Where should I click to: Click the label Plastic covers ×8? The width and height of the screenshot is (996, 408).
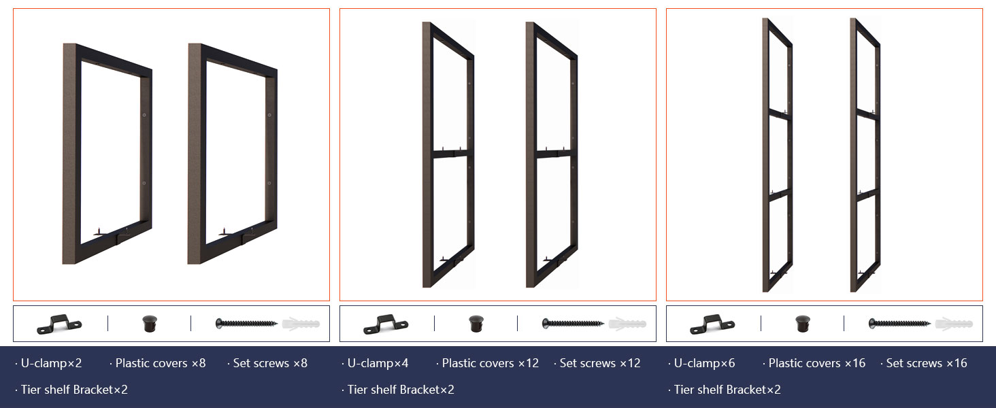click(160, 363)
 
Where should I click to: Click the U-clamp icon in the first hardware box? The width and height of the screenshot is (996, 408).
click(59, 324)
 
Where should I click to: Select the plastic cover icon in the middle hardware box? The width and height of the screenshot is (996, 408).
click(476, 324)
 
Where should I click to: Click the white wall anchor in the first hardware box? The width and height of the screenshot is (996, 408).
click(300, 324)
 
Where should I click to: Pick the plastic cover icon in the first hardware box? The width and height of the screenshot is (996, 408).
click(149, 324)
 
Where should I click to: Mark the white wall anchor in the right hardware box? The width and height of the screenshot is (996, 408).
click(953, 324)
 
